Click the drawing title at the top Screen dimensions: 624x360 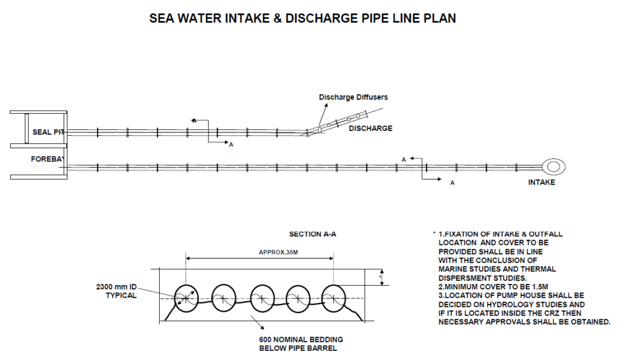(x=302, y=18)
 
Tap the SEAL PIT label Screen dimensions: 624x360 (x=48, y=132)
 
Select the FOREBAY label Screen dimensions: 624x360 (x=48, y=159)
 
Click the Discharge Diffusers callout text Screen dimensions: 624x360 (x=353, y=97)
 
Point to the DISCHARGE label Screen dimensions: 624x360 (x=370, y=128)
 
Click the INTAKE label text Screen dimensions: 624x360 (x=541, y=182)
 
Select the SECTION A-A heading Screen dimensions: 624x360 (x=313, y=235)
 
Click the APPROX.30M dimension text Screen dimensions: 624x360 (x=278, y=252)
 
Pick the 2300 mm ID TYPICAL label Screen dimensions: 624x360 (x=116, y=291)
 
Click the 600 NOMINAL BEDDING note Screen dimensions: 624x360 (x=301, y=344)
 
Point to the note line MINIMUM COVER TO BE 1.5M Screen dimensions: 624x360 (x=493, y=287)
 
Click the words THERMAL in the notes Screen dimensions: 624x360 (x=538, y=269)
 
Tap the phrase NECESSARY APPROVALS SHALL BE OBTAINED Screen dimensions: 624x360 (x=525, y=322)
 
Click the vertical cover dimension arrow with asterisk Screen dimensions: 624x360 (x=382, y=277)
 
